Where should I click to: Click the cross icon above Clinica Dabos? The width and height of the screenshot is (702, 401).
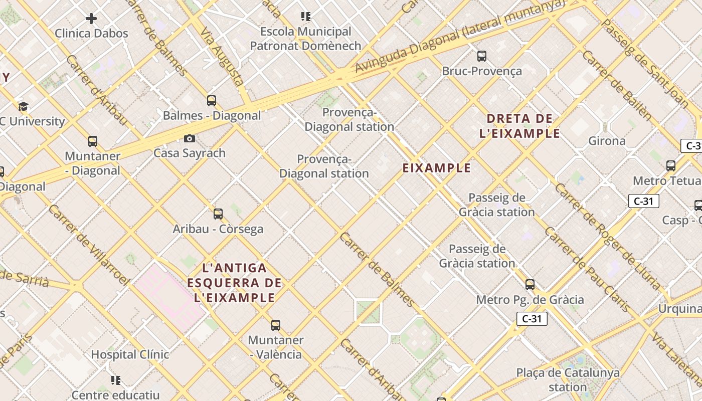91,19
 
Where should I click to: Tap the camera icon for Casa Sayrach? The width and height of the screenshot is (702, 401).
190,138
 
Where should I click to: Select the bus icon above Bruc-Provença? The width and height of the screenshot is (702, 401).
482,56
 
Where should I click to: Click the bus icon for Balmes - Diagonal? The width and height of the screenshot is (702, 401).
212,100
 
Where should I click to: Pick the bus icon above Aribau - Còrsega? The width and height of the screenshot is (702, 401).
218,214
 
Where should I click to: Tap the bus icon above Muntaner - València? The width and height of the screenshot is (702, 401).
276,325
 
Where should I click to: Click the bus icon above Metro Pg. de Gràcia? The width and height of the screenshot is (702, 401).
530,285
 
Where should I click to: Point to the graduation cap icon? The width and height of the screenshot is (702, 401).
23,106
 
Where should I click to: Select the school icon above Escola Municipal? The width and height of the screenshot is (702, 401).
306,17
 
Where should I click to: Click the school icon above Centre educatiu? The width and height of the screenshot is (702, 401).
116,380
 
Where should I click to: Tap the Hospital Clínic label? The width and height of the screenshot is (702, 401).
130,354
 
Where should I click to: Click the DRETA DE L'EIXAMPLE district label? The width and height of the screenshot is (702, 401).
519,126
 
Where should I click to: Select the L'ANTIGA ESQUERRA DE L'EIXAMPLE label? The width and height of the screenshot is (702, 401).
234,283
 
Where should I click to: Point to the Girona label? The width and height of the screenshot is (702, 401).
607,141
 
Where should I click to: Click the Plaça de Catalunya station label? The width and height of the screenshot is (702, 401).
568,380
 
